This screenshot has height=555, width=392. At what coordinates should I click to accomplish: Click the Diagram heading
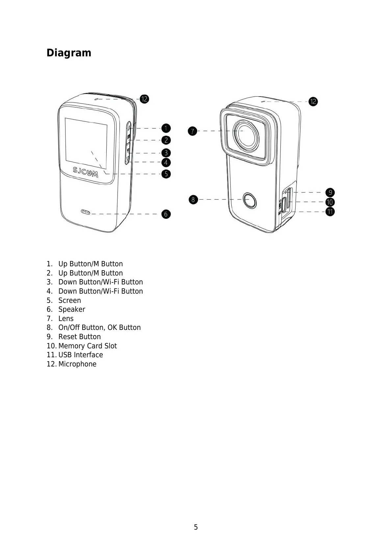click(x=69, y=53)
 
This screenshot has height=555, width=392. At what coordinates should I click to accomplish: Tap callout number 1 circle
click(x=166, y=128)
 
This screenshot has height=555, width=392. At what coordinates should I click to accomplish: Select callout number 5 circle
click(x=166, y=174)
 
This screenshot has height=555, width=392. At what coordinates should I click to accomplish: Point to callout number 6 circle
click(x=166, y=214)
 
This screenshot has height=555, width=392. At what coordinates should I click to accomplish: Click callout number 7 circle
click(x=193, y=131)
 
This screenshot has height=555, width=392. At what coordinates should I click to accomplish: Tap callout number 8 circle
click(x=193, y=199)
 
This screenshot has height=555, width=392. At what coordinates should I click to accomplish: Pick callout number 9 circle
click(x=330, y=192)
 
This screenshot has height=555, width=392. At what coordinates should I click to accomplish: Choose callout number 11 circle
click(x=330, y=211)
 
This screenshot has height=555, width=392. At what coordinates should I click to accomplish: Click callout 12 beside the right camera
click(x=313, y=102)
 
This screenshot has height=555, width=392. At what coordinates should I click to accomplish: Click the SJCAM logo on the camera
click(x=85, y=171)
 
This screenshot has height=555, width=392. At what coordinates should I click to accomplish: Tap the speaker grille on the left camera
click(x=86, y=212)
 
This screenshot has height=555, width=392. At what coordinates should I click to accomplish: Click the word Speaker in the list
click(x=72, y=309)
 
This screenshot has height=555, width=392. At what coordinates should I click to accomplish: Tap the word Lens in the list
click(x=66, y=319)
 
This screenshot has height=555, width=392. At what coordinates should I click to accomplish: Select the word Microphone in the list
click(x=77, y=364)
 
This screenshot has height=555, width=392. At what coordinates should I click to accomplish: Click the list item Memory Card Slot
click(x=88, y=346)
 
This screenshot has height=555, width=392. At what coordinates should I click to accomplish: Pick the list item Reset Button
click(x=80, y=337)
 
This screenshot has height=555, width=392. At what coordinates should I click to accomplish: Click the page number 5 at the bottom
click(x=196, y=527)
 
